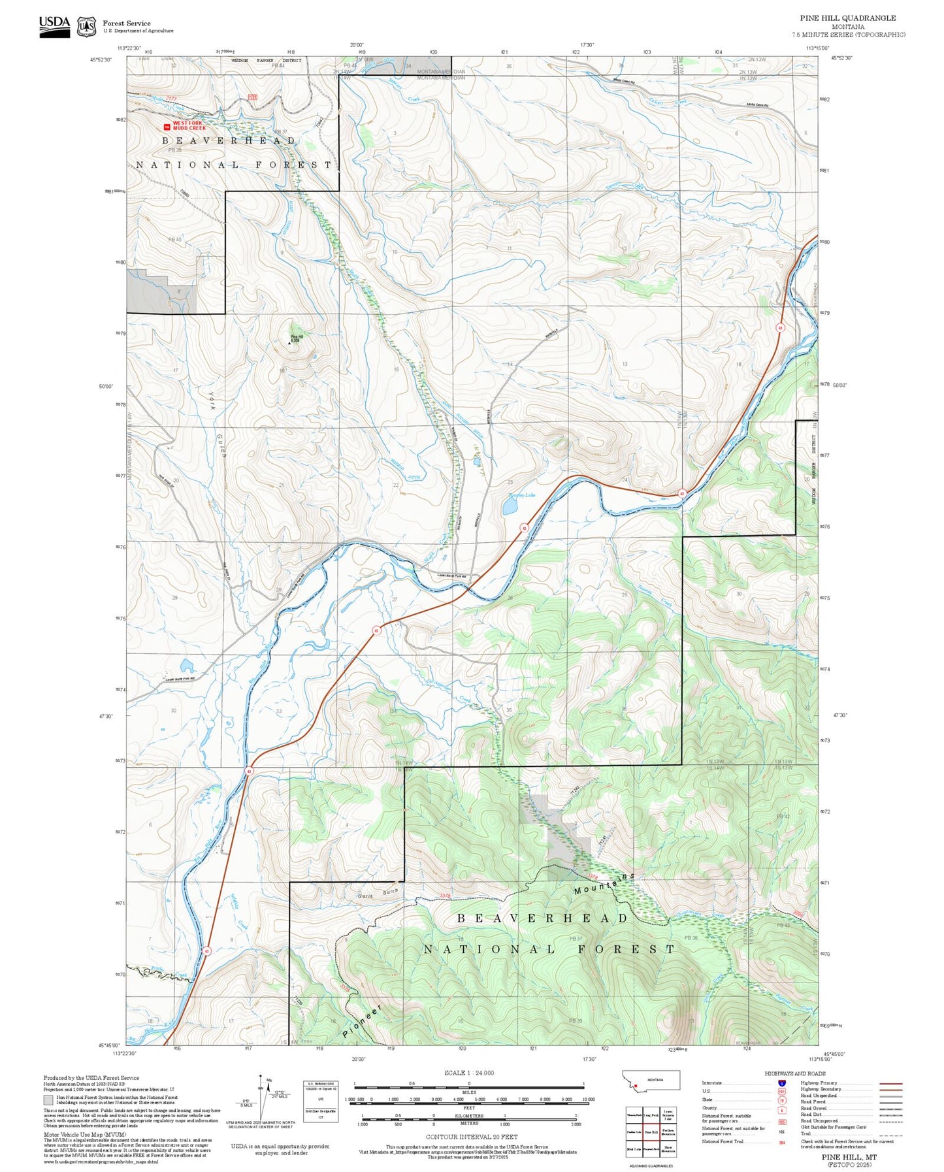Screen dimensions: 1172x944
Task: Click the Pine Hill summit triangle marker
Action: pos(290,342)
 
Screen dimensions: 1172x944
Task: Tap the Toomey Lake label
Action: pos(521,495)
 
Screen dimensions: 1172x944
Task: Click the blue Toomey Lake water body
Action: pos(509,507)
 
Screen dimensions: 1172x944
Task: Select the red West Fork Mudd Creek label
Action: pos(189,125)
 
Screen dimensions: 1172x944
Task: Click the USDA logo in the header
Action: pos(54,26)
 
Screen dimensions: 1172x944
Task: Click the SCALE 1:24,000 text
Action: pos(468,1073)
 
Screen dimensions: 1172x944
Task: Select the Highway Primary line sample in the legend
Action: pos(890,1083)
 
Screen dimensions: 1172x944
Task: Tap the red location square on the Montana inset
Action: pos(635,1086)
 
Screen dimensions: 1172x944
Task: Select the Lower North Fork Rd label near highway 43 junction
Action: pos(451,576)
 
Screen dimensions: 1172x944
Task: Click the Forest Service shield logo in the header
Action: pos(86,27)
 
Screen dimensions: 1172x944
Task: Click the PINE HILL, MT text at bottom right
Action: pos(849,1157)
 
